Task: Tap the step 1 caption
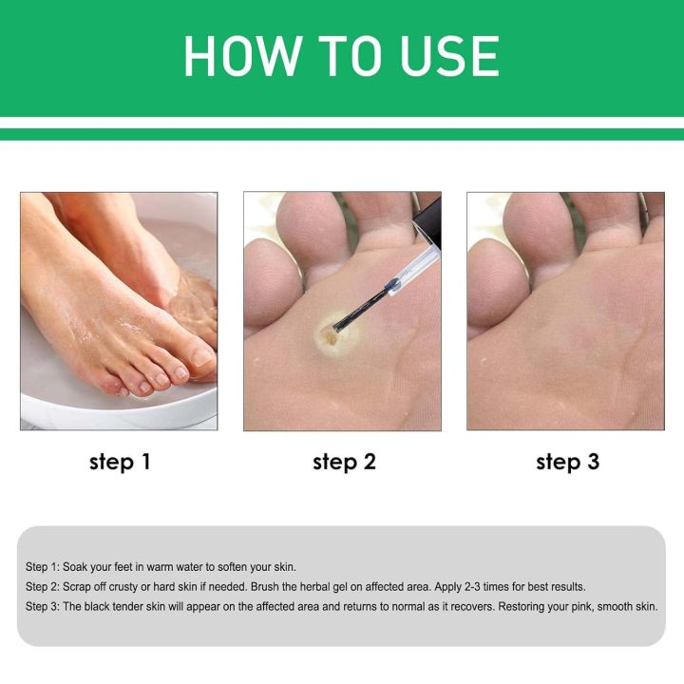[119, 463]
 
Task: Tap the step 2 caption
[344, 463]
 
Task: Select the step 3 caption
[567, 463]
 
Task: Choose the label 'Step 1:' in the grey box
[42, 566]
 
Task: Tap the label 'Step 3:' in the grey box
[42, 606]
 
